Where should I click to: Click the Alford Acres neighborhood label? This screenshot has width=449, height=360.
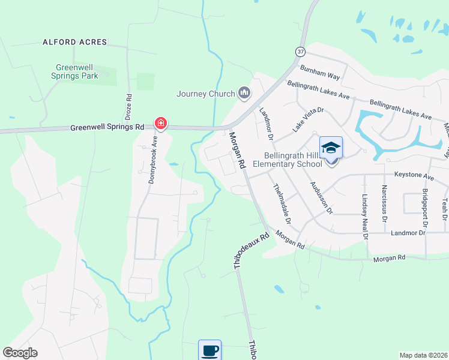click(74, 43)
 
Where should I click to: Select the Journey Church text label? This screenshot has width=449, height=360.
click(205, 94)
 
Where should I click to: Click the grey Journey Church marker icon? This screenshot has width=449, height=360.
click(244, 93)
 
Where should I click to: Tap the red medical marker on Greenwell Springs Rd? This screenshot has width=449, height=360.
click(161, 124)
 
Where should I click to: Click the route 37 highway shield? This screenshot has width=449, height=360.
click(300, 52)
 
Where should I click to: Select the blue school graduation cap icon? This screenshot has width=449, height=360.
click(331, 148)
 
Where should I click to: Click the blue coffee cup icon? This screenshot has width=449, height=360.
click(209, 350)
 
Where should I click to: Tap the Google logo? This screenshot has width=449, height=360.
click(20, 353)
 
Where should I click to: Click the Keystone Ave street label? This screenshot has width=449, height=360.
click(414, 177)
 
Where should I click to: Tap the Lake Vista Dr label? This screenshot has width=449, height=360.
click(308, 119)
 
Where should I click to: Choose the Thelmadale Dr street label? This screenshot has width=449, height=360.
click(282, 204)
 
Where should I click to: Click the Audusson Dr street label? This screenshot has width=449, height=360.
click(321, 197)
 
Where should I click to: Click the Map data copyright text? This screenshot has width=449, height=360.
click(423, 355)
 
